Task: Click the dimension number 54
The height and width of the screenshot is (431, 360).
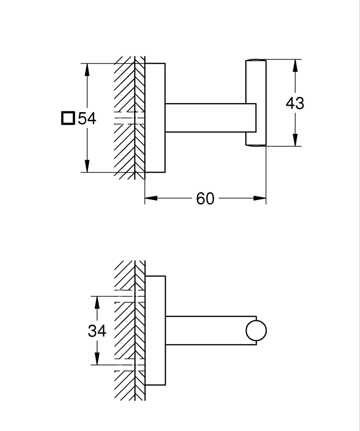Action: pyautogui.click(x=87, y=118)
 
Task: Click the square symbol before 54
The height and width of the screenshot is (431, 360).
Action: pyautogui.click(x=68, y=118)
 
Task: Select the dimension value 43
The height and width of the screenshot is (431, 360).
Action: pyautogui.click(x=295, y=104)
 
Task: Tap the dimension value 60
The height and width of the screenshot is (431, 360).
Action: pyautogui.click(x=205, y=198)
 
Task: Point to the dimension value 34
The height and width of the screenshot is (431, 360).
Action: pyautogui.click(x=97, y=331)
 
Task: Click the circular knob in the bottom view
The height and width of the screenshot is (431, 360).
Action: pyautogui.click(x=256, y=331)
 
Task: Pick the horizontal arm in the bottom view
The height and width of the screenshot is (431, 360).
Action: pyautogui.click(x=205, y=330)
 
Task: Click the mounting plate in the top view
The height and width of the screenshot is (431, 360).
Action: pyautogui.click(x=155, y=118)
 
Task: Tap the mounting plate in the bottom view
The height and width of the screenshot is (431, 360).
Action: pyautogui.click(x=155, y=330)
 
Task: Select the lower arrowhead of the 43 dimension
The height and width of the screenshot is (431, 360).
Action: pyautogui.click(x=295, y=140)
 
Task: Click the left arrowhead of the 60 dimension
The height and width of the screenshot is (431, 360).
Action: pyautogui.click(x=151, y=198)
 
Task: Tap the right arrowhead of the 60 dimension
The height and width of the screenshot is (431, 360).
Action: pyautogui.click(x=260, y=198)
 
